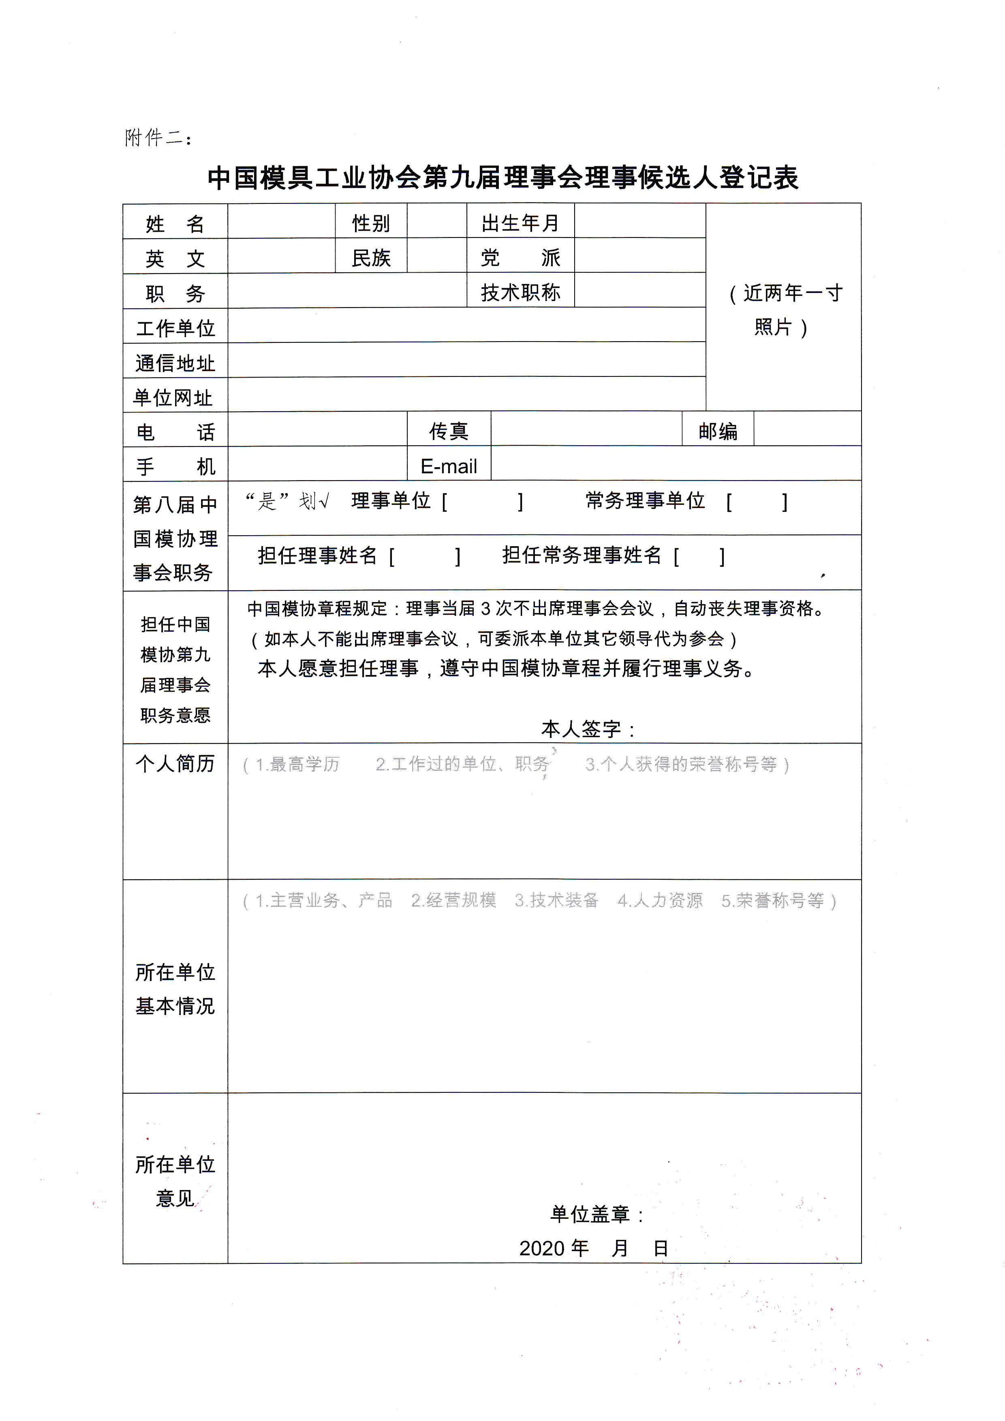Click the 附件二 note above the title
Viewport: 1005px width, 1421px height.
click(x=158, y=137)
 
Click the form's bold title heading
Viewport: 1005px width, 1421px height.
click(x=502, y=177)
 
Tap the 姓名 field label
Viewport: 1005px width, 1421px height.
click(x=175, y=223)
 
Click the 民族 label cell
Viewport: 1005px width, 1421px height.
click(x=371, y=257)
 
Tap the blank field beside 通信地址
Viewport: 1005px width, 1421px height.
click(x=466, y=361)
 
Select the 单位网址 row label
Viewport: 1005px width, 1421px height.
click(x=173, y=397)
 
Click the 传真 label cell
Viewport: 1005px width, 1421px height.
click(x=449, y=431)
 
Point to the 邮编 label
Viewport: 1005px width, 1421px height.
click(x=717, y=431)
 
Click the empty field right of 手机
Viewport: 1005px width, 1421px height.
click(x=317, y=465)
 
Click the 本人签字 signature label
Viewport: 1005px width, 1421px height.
click(x=588, y=729)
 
